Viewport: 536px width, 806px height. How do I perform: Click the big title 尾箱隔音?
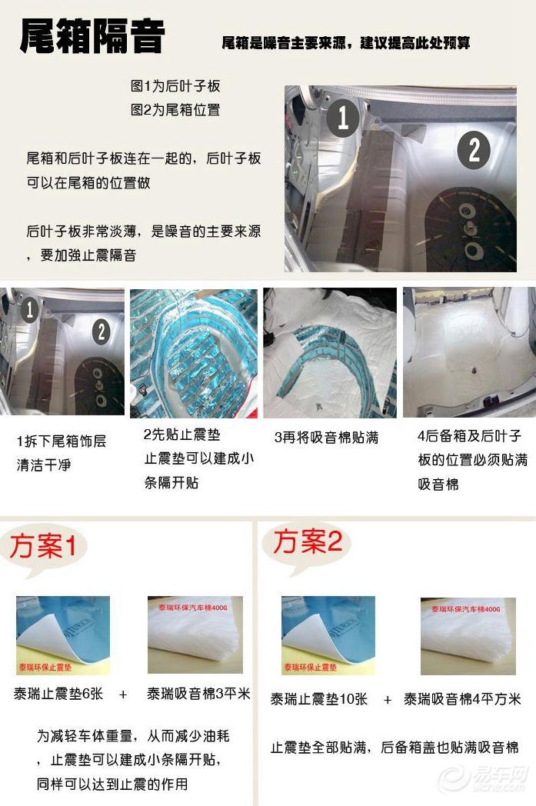(x=92, y=36)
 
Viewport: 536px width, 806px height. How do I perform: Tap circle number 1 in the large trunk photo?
(x=344, y=117)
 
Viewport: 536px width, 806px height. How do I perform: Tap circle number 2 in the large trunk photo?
(x=474, y=149)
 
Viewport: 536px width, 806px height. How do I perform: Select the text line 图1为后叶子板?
(x=175, y=85)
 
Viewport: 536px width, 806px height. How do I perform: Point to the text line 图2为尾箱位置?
(x=175, y=109)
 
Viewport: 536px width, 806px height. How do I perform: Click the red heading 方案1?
(x=43, y=545)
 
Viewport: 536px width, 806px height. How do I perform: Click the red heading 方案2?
(x=308, y=541)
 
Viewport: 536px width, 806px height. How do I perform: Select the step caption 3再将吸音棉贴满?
(x=326, y=438)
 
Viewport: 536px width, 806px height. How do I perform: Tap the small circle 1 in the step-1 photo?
(x=30, y=309)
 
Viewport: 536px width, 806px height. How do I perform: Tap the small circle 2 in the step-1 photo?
(x=102, y=331)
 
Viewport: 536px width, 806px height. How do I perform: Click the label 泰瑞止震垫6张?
(x=58, y=694)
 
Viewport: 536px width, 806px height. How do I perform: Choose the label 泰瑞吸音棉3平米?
(x=198, y=694)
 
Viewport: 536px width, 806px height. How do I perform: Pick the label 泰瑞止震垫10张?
(x=319, y=699)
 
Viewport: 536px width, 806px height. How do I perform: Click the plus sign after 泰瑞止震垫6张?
(x=123, y=695)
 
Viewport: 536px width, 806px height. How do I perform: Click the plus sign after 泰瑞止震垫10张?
(x=388, y=700)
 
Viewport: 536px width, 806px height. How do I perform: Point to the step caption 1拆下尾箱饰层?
(x=62, y=441)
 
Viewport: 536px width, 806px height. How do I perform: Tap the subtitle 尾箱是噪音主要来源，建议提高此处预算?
(x=346, y=42)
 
